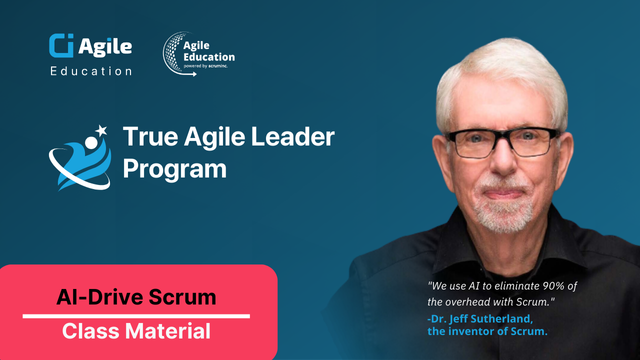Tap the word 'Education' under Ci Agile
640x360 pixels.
(x=90, y=71)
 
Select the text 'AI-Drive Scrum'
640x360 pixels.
(x=137, y=297)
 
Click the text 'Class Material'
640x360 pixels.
(x=137, y=331)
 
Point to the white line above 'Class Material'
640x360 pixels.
(x=137, y=315)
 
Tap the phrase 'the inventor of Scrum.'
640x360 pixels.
(x=483, y=332)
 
